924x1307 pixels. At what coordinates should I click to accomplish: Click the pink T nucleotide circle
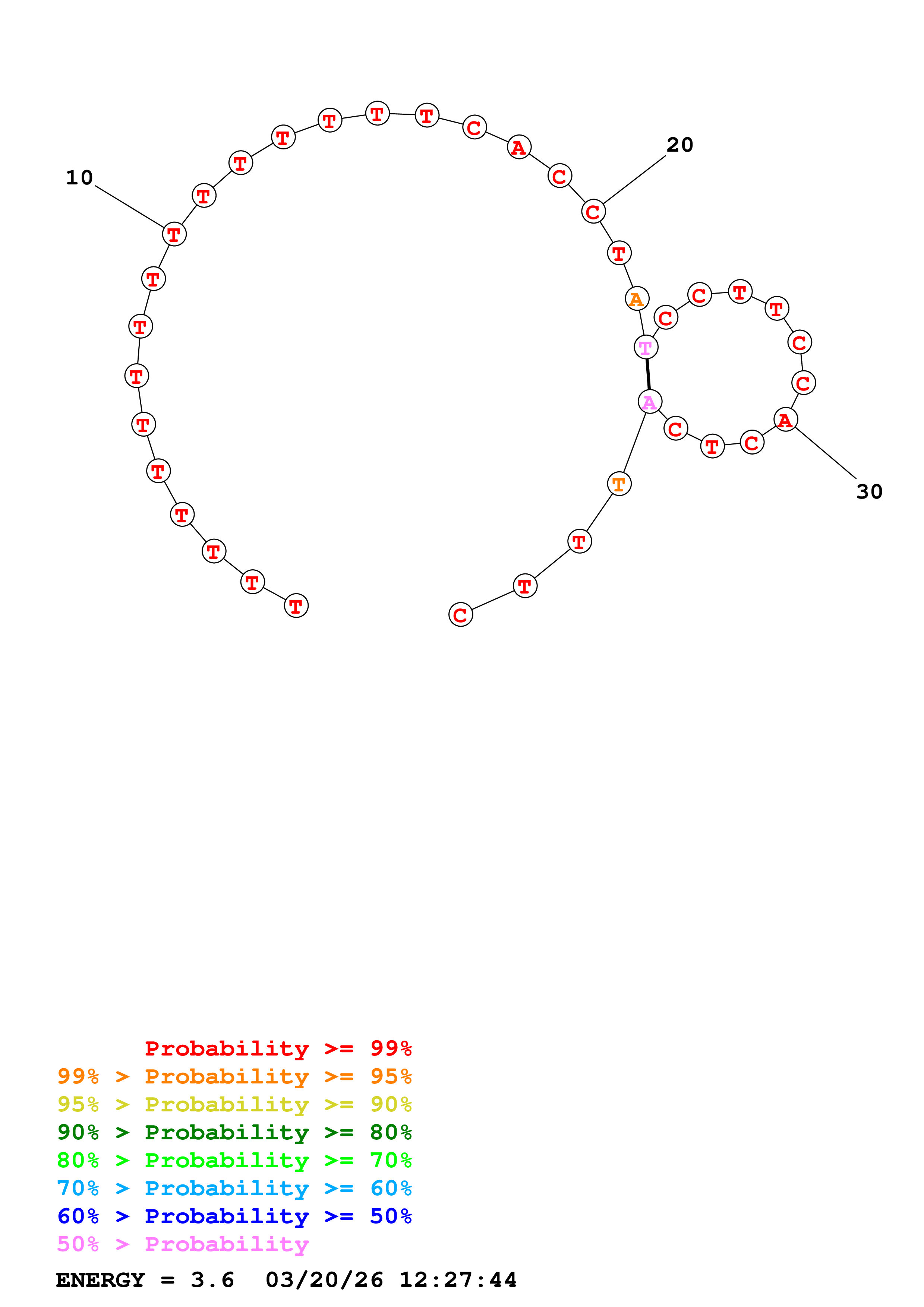(646, 347)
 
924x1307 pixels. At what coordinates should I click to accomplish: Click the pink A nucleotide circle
(650, 402)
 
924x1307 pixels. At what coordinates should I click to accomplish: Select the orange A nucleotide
(637, 299)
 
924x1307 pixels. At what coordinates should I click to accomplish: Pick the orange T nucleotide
(619, 484)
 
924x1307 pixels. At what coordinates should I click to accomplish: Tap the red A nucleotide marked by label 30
(786, 420)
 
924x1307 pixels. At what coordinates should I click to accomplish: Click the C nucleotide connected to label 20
(593, 212)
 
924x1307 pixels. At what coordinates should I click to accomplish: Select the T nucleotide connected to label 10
(174, 234)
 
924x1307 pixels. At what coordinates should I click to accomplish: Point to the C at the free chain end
(461, 615)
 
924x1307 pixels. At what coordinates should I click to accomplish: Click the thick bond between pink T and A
(648, 374)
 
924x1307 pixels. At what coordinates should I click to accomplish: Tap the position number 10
(79, 178)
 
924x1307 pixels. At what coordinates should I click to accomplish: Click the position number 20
(680, 145)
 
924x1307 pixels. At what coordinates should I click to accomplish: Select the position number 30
(869, 492)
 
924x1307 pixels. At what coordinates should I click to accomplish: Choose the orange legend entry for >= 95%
(234, 1076)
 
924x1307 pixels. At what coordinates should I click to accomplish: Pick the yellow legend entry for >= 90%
(234, 1104)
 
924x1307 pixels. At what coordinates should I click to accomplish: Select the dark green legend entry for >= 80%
(234, 1132)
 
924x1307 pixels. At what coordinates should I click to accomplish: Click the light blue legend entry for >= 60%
(234, 1188)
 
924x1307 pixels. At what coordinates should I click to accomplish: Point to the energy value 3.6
(212, 1280)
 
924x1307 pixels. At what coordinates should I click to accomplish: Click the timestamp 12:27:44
(458, 1280)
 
